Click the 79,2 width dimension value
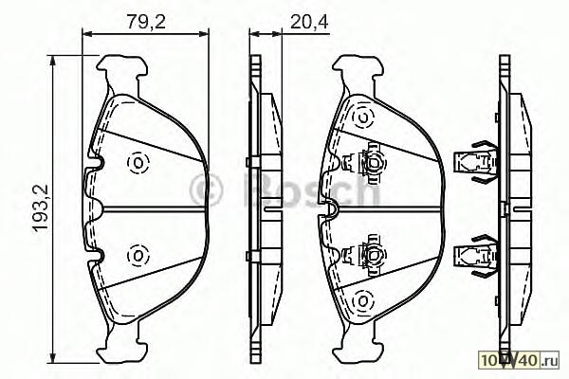point(146,22)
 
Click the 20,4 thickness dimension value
point(309,22)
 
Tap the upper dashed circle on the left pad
point(138,162)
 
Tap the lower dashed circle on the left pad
point(138,256)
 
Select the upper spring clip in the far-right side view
point(476,161)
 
